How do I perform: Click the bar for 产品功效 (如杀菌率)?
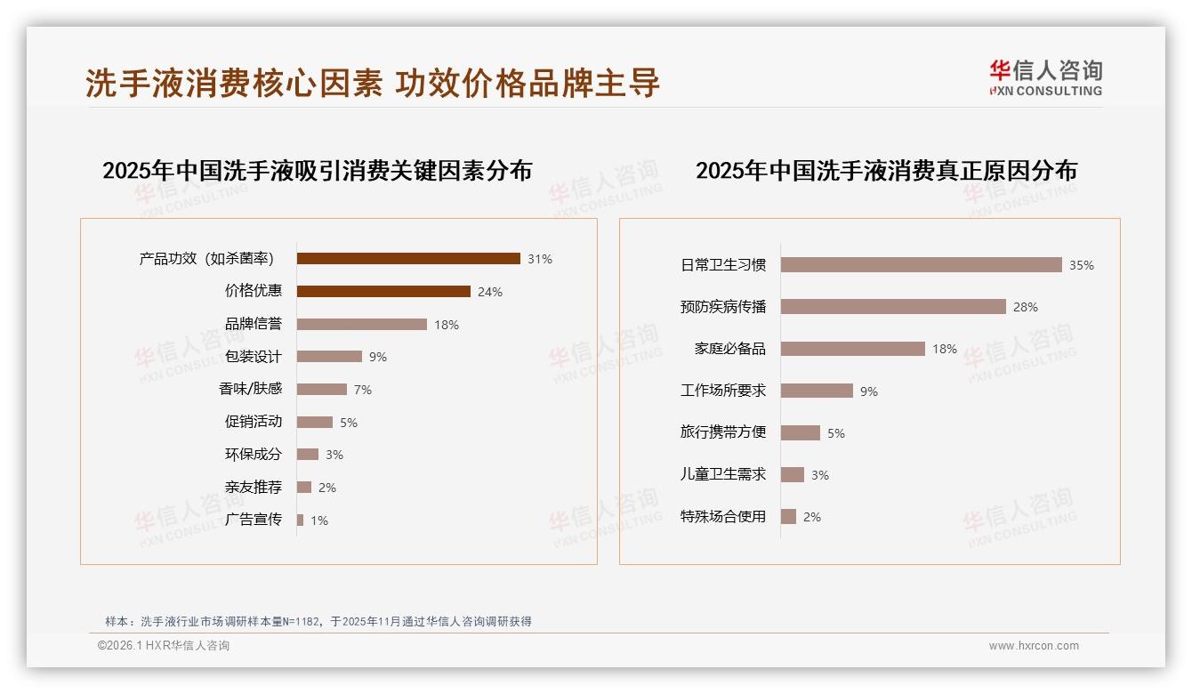[408, 259]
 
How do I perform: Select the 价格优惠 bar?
[383, 291]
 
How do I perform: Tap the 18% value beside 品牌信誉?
[447, 325]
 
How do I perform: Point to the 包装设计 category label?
[254, 357]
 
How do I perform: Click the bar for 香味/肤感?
[321, 390]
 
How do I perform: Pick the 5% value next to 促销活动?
[349, 423]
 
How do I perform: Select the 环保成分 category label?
[254, 455]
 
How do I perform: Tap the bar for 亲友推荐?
[304, 488]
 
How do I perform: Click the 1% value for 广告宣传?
[319, 520]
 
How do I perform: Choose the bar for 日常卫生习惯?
[921, 265]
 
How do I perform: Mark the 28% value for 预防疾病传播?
[1026, 307]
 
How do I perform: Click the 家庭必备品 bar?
[852, 349]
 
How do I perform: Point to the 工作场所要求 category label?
[723, 391]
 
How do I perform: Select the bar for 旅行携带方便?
[800, 432]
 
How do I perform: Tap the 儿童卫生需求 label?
[723, 474]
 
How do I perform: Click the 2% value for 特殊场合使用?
[812, 517]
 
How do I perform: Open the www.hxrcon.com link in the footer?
[1034, 646]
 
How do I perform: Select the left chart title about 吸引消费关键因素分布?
[317, 170]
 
